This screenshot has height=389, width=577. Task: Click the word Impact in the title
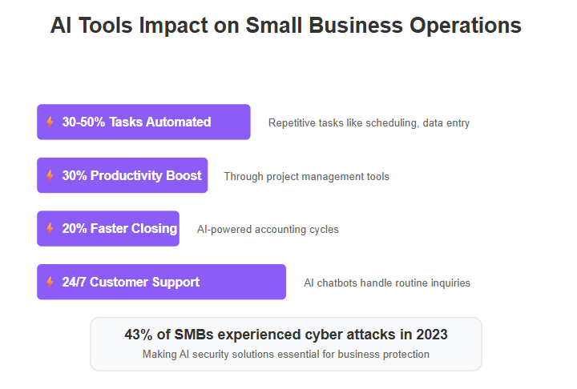(x=173, y=26)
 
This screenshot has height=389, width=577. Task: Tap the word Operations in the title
(x=465, y=26)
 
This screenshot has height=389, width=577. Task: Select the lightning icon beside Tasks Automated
(x=50, y=122)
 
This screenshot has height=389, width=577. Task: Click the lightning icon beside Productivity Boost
(x=50, y=175)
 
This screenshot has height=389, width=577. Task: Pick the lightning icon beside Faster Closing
(x=50, y=228)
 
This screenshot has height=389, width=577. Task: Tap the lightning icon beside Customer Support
(x=50, y=282)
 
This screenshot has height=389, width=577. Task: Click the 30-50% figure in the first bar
(x=83, y=122)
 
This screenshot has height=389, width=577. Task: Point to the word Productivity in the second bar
(x=127, y=176)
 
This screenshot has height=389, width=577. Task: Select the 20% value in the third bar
(x=75, y=229)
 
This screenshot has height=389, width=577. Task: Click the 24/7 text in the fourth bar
(x=74, y=282)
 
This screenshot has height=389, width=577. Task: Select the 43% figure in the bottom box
(x=139, y=335)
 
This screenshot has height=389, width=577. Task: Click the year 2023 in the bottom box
(x=432, y=335)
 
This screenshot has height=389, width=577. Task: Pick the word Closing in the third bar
(x=154, y=229)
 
